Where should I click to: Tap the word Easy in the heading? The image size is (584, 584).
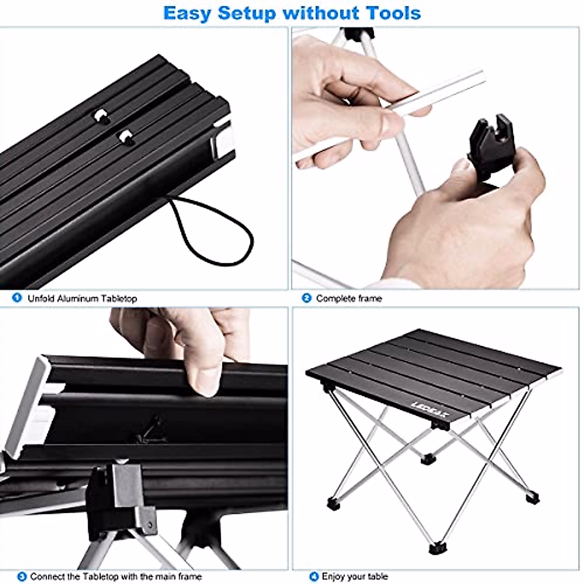tap(187, 13)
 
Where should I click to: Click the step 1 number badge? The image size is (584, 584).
tap(17, 297)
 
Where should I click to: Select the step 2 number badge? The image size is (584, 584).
tap(307, 298)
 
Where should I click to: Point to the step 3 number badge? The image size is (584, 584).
tap(21, 576)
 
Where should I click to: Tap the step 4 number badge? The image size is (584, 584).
tap(314, 576)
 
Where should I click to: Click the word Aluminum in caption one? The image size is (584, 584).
tap(75, 298)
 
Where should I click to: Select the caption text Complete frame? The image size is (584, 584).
tap(349, 298)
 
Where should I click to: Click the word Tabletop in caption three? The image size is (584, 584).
tap(100, 577)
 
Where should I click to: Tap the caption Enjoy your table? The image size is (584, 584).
tap(355, 577)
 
